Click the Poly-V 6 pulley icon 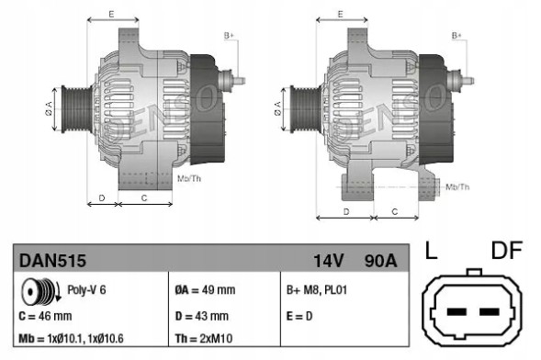click(x=39, y=291)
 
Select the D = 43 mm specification click(x=202, y=314)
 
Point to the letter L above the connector click(x=431, y=251)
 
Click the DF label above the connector click(x=506, y=251)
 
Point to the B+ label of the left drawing click(x=229, y=35)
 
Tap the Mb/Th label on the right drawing click(x=457, y=186)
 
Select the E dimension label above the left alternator click(x=111, y=15)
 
